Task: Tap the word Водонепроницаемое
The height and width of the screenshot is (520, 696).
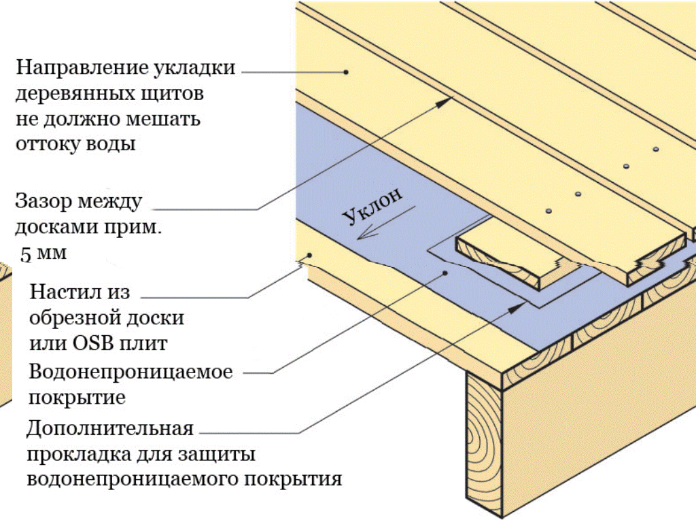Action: click(130, 372)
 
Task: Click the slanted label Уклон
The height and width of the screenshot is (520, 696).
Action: click(372, 205)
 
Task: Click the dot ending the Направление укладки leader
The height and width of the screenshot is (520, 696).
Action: click(346, 71)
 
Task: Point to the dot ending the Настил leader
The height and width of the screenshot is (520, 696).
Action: click(309, 256)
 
